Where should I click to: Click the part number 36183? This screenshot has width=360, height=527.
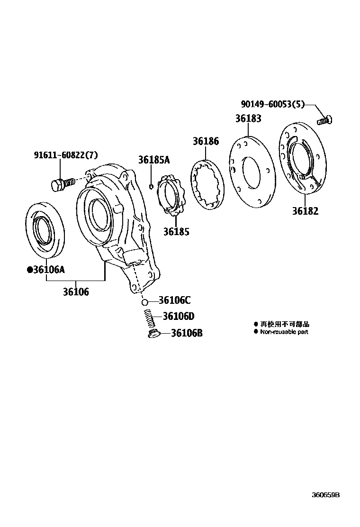pyautogui.click(x=248, y=118)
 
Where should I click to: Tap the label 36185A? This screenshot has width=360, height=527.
pyautogui.click(x=153, y=160)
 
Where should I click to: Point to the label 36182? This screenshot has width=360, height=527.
pyautogui.click(x=306, y=211)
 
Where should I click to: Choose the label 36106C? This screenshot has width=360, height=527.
pyautogui.click(x=174, y=300)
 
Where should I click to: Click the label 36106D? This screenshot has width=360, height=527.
pyautogui.click(x=179, y=316)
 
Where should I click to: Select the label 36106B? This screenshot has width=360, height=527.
pyautogui.click(x=187, y=333)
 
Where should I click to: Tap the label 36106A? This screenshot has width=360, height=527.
pyautogui.click(x=48, y=270)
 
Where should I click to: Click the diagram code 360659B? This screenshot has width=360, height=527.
pyautogui.click(x=325, y=495)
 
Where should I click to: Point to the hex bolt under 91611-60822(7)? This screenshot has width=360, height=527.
pyautogui.click(x=62, y=183)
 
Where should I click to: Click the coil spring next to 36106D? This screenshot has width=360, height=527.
pyautogui.click(x=150, y=318)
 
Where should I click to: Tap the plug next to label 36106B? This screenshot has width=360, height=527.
pyautogui.click(x=153, y=335)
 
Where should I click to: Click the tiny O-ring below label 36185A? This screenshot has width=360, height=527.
pyautogui.click(x=151, y=186)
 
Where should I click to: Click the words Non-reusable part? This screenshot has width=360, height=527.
pyautogui.click(x=284, y=332)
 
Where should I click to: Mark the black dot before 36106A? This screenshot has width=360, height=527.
pyautogui.click(x=30, y=270)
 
